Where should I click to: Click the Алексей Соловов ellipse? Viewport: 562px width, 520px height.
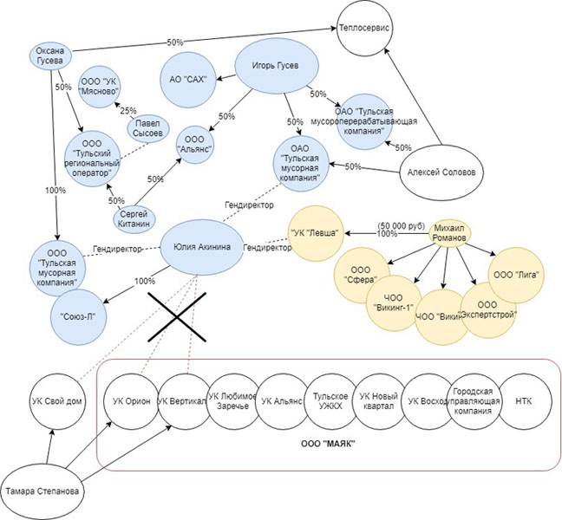point(441,172)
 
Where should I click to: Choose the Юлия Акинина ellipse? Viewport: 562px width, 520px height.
point(197,247)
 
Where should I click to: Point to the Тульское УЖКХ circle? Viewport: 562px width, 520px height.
point(330,402)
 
